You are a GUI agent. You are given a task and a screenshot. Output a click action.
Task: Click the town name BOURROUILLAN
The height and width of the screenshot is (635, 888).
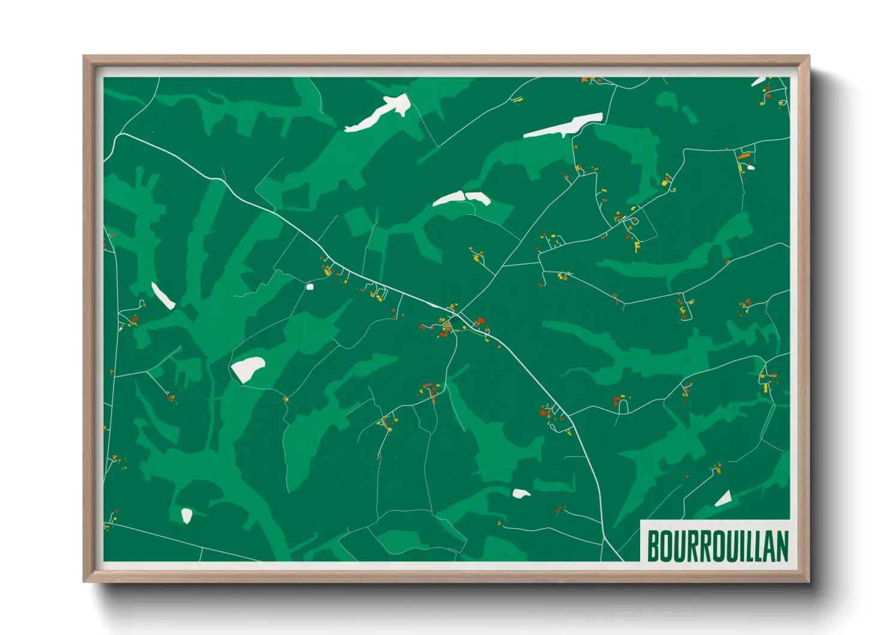tap(717, 546)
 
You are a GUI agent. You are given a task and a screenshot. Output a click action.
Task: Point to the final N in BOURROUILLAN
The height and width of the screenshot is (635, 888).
tap(782, 546)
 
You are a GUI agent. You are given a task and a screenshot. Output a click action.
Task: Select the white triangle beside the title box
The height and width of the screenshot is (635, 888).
tap(724, 498)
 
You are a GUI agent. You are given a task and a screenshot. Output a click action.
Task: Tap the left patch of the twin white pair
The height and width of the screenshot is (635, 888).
tap(449, 199)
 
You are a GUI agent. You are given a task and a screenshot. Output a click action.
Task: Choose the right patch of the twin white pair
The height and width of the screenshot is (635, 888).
tap(478, 197)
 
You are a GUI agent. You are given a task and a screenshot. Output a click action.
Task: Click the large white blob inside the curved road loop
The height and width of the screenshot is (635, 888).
tap(248, 368)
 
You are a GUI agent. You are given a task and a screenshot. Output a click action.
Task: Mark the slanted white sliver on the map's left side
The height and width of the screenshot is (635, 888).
tap(162, 295)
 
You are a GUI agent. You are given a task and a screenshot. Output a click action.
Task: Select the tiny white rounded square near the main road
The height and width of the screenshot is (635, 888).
tap(310, 286)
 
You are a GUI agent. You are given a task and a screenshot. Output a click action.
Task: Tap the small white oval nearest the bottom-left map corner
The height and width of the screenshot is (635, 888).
tap(187, 515)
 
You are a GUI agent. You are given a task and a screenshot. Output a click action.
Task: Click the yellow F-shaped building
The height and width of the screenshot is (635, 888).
tap(637, 245)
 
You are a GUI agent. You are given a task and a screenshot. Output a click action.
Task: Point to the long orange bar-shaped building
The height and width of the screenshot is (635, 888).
tap(744, 156)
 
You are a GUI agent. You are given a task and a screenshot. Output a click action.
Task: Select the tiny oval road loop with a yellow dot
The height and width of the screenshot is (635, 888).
tap(782, 103)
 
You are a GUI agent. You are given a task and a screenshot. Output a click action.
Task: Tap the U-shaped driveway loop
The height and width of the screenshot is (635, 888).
tap(623, 406)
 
